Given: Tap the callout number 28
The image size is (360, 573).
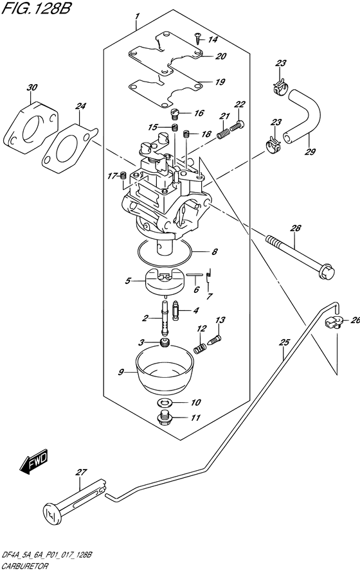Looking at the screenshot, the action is click(x=296, y=229).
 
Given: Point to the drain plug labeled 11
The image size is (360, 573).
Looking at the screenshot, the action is click(x=165, y=418).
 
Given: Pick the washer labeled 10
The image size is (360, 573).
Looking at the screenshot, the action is click(x=165, y=403).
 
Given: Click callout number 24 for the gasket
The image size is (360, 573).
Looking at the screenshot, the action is click(x=80, y=106).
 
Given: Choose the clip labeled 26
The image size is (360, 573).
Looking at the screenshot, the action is click(x=333, y=322).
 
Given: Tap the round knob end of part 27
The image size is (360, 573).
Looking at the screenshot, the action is click(x=51, y=509).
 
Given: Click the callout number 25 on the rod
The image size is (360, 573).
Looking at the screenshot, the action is click(x=284, y=342).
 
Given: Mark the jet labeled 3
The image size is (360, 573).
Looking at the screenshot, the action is click(x=166, y=343).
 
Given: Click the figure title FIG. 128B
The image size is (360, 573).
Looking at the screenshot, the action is click(x=36, y=8).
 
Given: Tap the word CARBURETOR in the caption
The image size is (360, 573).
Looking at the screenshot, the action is click(x=24, y=567).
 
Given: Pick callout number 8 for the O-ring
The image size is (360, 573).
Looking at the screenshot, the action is click(x=215, y=251).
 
